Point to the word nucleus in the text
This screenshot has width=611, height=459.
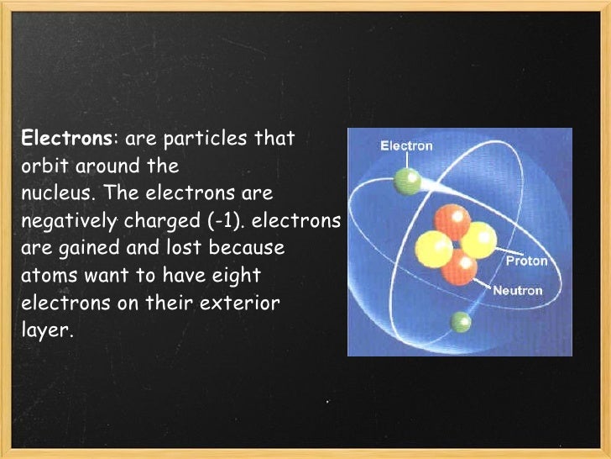(x=52, y=193)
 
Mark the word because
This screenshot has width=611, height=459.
(x=252, y=249)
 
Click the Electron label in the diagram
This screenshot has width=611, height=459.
(x=407, y=145)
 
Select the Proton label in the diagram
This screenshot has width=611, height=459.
(x=526, y=261)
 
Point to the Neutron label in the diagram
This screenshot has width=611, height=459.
(x=518, y=291)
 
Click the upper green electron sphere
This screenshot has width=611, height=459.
(x=407, y=178)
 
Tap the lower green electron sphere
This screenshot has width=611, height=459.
(x=460, y=321)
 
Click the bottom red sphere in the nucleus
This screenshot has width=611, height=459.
(x=458, y=267)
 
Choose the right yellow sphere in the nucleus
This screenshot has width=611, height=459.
(x=479, y=240)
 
